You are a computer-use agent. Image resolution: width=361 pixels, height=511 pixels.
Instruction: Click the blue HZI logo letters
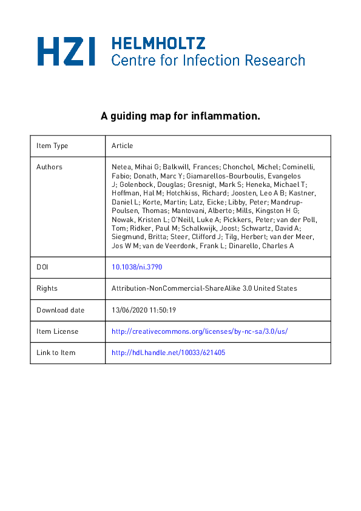tap(67, 51)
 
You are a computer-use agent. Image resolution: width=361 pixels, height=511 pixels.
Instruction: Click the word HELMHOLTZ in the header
tap(158, 43)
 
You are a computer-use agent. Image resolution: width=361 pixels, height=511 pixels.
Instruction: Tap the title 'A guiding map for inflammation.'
tap(180, 116)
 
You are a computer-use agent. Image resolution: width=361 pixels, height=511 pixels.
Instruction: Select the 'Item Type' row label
tap(52, 146)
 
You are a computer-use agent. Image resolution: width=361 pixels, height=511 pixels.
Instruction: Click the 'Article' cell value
tap(122, 146)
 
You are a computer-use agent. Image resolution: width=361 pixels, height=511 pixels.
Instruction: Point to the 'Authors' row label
tap(49, 167)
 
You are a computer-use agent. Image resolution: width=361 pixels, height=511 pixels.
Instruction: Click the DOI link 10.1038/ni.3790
tap(137, 267)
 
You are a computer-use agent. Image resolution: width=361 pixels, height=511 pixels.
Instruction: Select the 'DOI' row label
tap(42, 267)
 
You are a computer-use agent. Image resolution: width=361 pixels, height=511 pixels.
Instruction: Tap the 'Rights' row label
tap(47, 288)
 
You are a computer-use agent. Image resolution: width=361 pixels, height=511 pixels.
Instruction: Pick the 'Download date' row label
tap(60, 310)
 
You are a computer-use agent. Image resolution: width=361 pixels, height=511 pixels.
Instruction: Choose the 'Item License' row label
tap(57, 331)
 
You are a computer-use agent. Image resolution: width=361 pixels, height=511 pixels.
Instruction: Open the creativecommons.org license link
tap(200, 331)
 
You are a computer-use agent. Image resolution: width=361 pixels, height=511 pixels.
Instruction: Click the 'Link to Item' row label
tap(56, 353)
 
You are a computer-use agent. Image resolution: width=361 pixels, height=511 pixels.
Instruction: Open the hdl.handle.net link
tap(169, 353)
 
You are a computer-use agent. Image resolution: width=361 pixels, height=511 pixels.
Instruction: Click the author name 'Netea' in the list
tap(121, 167)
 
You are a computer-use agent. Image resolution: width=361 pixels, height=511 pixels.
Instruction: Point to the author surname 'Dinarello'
tap(274, 246)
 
